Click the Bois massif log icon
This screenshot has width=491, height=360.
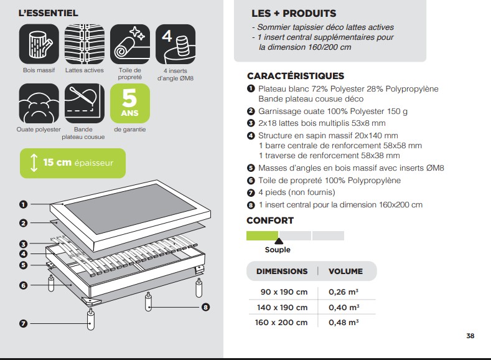(x=39, y=44)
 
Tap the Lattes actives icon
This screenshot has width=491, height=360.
(x=85, y=44)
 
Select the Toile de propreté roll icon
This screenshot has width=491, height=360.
(x=130, y=44)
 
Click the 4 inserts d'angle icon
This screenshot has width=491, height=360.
(x=175, y=44)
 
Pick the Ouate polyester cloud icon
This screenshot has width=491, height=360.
(x=39, y=103)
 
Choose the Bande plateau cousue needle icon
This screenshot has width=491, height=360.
(x=85, y=103)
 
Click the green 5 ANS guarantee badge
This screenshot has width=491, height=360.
(x=130, y=103)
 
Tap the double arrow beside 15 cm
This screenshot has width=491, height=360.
(x=34, y=163)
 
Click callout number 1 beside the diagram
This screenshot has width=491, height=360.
(x=23, y=204)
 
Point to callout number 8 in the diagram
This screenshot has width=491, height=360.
(x=205, y=307)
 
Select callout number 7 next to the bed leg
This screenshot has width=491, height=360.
(x=23, y=323)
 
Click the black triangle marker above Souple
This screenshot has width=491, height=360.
(x=279, y=241)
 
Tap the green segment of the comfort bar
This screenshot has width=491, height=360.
(x=263, y=235)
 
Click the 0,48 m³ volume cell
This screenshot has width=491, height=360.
(x=344, y=323)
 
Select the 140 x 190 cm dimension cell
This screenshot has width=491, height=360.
(x=282, y=307)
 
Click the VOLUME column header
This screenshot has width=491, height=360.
(x=346, y=272)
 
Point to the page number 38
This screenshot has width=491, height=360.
(x=470, y=336)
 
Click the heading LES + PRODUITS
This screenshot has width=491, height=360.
(x=294, y=14)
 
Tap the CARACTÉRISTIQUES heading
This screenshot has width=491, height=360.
(x=296, y=76)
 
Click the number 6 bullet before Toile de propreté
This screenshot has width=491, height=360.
(x=251, y=181)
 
